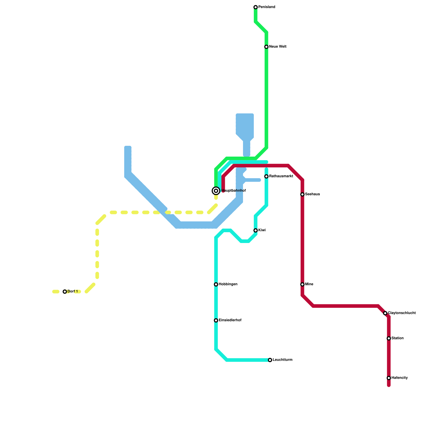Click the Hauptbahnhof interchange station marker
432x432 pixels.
[x=216, y=191]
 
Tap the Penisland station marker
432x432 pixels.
[x=256, y=7]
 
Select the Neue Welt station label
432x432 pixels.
[x=278, y=47]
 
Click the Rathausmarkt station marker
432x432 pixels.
[x=266, y=177]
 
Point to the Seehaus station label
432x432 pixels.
[x=312, y=194]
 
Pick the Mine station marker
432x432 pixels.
[x=302, y=285]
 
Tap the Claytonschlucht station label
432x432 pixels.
[x=402, y=313]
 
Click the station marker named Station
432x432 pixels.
[x=389, y=339]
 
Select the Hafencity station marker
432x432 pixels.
[x=389, y=378]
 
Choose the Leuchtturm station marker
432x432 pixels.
[x=270, y=360]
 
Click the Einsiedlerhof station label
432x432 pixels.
[x=230, y=320]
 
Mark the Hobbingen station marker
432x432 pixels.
[x=216, y=285]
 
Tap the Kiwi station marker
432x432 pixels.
[x=256, y=231]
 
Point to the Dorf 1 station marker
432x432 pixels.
[x=65, y=292]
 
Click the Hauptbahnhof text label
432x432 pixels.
[x=234, y=191]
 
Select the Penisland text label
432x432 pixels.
[x=266, y=7]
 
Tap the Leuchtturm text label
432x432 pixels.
[x=282, y=360]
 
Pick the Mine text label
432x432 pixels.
[x=309, y=284]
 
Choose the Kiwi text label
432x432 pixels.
[x=262, y=230]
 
